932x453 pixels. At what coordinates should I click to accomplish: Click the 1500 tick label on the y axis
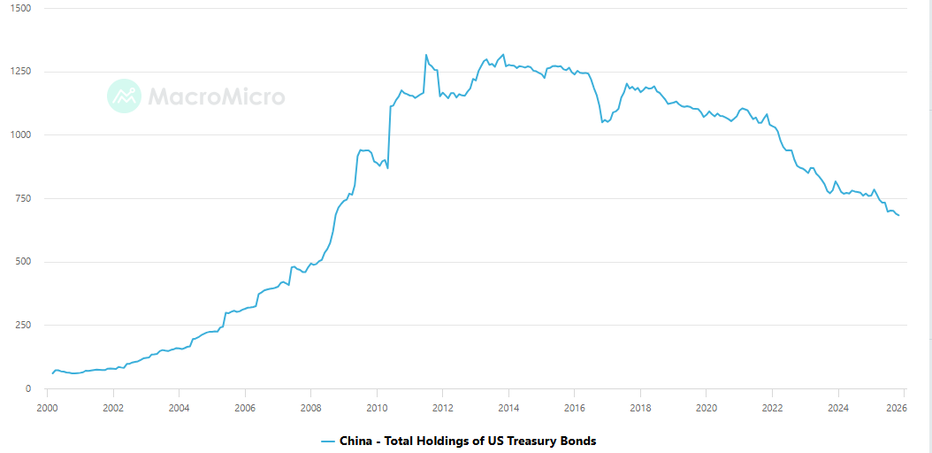coord(19,8)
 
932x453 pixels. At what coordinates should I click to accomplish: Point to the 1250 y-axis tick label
coord(19,72)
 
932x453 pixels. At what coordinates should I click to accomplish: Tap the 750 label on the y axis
coord(21,198)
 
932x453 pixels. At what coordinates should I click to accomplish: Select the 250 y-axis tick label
coord(21,325)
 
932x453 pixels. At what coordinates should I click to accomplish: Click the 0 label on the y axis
coord(28,388)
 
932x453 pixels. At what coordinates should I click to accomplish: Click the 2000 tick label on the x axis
coord(47,408)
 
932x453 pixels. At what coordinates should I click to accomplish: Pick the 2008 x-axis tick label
coord(310,408)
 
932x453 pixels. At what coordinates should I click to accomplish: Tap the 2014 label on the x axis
coord(508,408)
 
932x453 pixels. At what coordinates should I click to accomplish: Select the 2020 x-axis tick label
coord(706,408)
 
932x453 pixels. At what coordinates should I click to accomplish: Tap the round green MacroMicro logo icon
coord(124,96)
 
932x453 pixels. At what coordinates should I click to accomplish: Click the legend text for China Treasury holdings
coord(468,441)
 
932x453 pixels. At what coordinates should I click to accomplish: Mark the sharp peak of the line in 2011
coord(426,55)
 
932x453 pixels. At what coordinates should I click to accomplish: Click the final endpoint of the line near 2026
coord(899,216)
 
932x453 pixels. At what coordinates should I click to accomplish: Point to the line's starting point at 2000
coord(52,373)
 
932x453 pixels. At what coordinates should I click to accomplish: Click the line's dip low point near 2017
coord(602,122)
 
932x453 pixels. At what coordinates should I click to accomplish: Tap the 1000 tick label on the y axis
coord(19,134)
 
